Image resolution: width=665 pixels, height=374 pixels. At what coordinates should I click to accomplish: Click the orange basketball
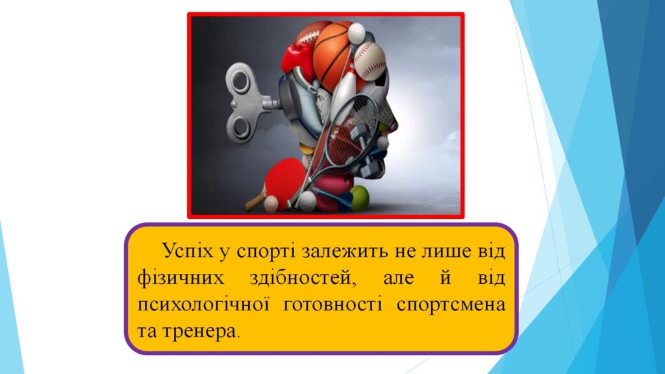click(333, 55)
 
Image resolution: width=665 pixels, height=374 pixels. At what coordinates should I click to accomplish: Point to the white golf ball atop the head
click(357, 33)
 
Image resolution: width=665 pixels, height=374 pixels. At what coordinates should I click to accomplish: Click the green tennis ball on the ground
click(358, 198)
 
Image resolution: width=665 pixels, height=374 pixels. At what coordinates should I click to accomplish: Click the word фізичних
click(181, 279)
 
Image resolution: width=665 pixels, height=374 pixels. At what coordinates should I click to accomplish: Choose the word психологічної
click(203, 305)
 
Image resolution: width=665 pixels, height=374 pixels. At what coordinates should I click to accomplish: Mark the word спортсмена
click(451, 305)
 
